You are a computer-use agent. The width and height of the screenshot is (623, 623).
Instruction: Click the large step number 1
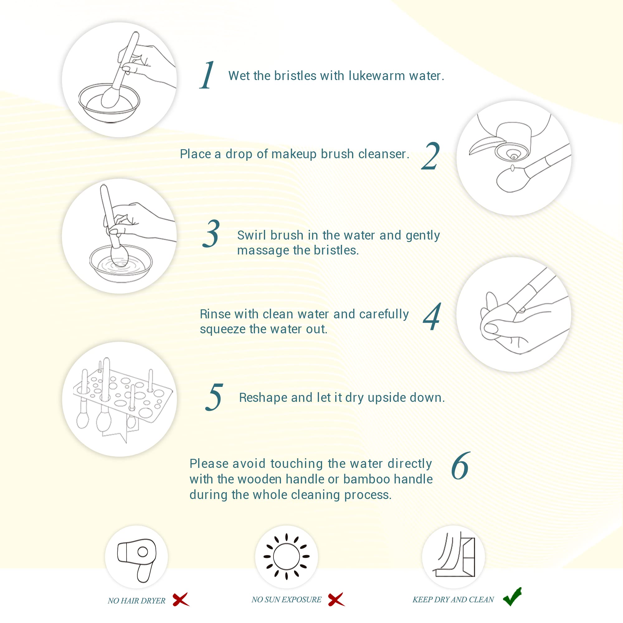207,75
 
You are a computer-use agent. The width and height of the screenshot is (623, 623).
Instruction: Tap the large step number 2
430,156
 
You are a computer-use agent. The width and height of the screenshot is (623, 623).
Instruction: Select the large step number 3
211,233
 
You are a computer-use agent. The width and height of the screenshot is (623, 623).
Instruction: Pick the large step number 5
214,397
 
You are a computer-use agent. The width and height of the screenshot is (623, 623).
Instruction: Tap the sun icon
286,557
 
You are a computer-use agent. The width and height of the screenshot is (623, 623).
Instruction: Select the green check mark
512,596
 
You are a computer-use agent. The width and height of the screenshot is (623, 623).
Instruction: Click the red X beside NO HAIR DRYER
181,599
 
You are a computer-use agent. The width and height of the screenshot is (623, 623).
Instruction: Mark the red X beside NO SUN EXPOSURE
336,599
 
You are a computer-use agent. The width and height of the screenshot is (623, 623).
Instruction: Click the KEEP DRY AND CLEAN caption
453,599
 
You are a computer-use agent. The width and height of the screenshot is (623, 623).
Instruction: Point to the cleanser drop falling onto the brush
512,168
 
